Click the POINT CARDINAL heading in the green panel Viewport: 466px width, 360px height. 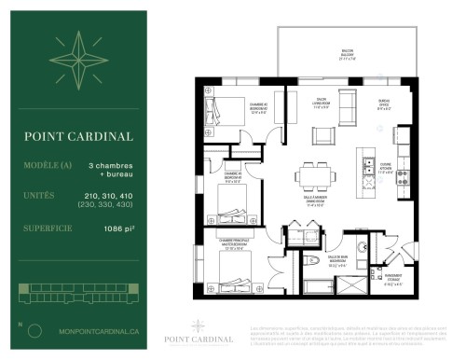click(78, 136)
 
